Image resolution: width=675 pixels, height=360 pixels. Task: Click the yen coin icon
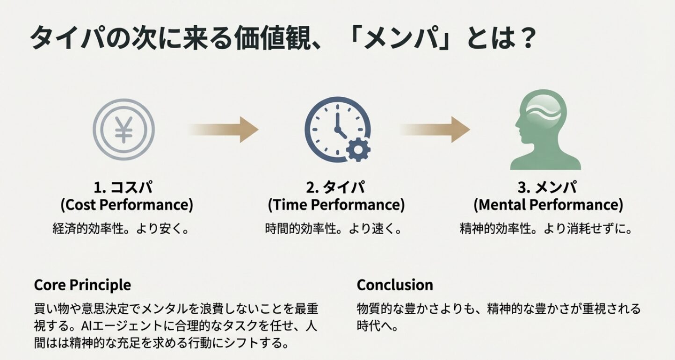[x=124, y=129]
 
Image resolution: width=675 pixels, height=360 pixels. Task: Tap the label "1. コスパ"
[x=123, y=188]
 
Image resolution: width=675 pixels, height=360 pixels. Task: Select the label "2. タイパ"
[x=336, y=188]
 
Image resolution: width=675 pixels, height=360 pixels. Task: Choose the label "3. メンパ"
[x=548, y=188]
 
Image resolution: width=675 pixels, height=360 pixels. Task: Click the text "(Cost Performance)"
[x=126, y=205]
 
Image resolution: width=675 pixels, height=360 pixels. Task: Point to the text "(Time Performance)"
[x=336, y=205]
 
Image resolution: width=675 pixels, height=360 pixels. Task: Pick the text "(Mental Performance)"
[x=548, y=205]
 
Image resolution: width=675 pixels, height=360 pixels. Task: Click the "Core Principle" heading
[x=82, y=285]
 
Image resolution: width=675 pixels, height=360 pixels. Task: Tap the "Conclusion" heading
[x=395, y=285]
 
